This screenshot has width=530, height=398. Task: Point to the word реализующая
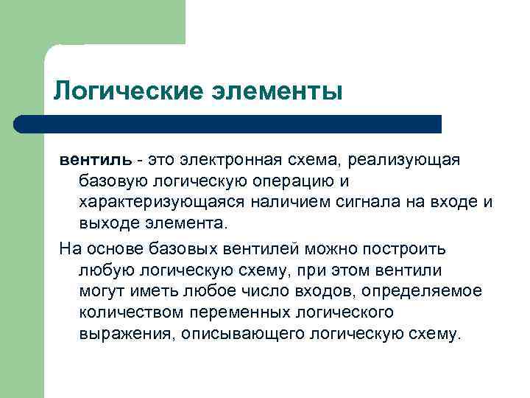point(403,159)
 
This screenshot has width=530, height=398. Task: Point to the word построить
point(405,248)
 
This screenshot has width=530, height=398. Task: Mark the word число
point(255,291)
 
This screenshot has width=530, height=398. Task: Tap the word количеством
point(124,312)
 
